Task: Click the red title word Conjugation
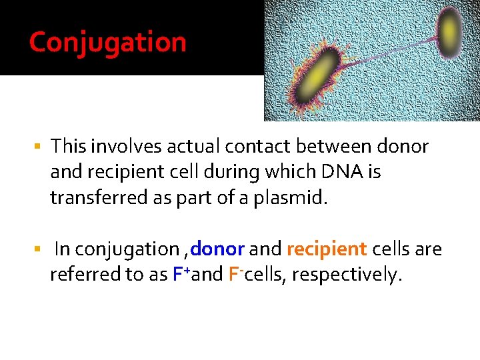tap(107, 42)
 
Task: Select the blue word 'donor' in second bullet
tap(218, 249)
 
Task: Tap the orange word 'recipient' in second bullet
tap(327, 249)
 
